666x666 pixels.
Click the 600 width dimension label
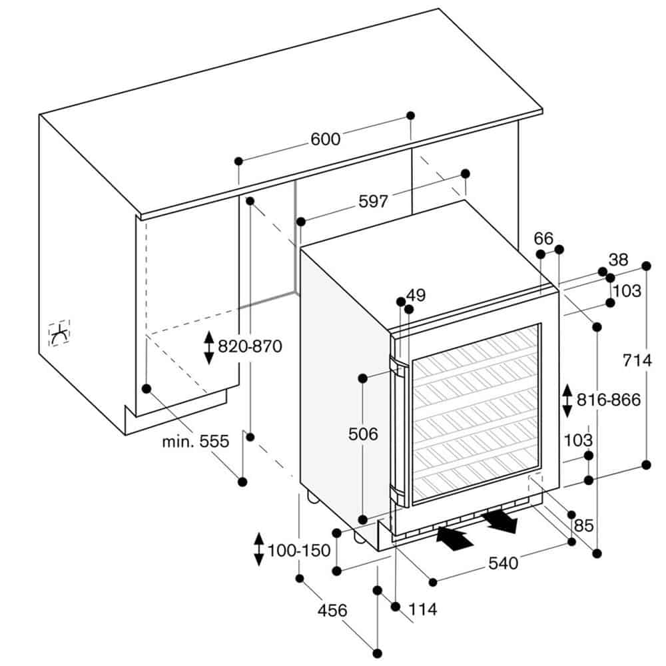tap(326, 139)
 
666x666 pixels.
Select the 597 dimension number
tap(374, 201)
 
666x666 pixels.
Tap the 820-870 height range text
tap(250, 346)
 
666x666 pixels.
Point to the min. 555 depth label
tap(196, 442)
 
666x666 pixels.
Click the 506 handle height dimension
tap(363, 434)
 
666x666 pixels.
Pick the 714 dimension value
tap(637, 360)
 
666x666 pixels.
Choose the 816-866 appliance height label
tap(608, 400)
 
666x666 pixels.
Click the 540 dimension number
tap(503, 563)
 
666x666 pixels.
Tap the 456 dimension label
tap(332, 610)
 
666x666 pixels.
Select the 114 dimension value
tap(423, 609)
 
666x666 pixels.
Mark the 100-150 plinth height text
tap(299, 551)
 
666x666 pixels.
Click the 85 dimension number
tap(583, 526)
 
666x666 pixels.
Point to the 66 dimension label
tap(543, 238)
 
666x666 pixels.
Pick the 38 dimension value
tap(618, 260)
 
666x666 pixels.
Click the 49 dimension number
tap(416, 295)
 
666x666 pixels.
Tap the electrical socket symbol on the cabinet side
tap(59, 334)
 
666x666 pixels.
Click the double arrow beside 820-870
tap(208, 348)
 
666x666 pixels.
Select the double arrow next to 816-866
tap(567, 400)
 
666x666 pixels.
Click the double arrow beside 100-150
tap(258, 549)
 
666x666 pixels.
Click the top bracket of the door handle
tap(398, 366)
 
